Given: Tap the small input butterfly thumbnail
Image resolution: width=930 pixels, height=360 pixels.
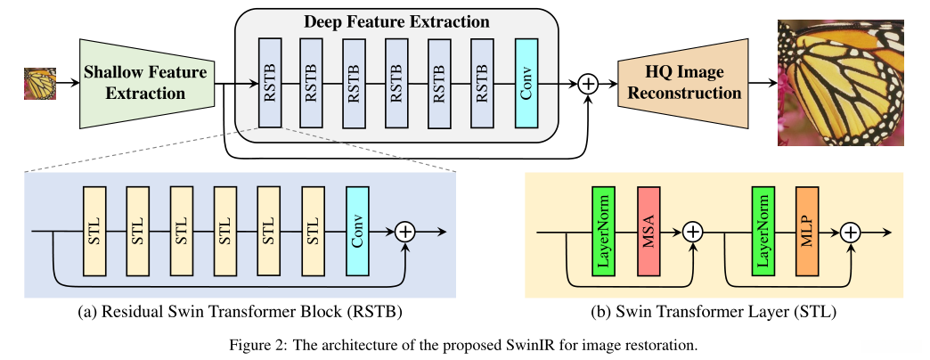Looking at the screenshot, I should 40,85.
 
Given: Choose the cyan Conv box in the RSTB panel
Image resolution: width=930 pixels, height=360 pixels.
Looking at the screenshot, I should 357,232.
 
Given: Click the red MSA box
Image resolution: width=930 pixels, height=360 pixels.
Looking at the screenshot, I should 649,232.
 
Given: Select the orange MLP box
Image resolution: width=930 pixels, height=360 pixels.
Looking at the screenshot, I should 808,232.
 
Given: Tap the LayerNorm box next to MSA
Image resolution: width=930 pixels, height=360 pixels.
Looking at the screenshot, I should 604,232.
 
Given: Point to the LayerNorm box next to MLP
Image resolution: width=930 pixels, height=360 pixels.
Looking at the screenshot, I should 763,232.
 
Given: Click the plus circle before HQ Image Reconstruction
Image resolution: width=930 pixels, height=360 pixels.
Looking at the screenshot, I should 588,84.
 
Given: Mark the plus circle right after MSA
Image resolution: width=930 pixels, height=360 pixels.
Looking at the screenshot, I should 692,233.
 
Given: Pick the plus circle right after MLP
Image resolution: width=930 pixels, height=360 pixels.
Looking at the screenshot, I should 851,233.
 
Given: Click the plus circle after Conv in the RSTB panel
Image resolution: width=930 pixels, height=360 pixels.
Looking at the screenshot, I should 405,233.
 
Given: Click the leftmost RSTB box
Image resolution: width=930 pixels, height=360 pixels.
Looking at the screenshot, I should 271,83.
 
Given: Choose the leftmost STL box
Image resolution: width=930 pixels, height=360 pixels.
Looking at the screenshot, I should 94,232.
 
